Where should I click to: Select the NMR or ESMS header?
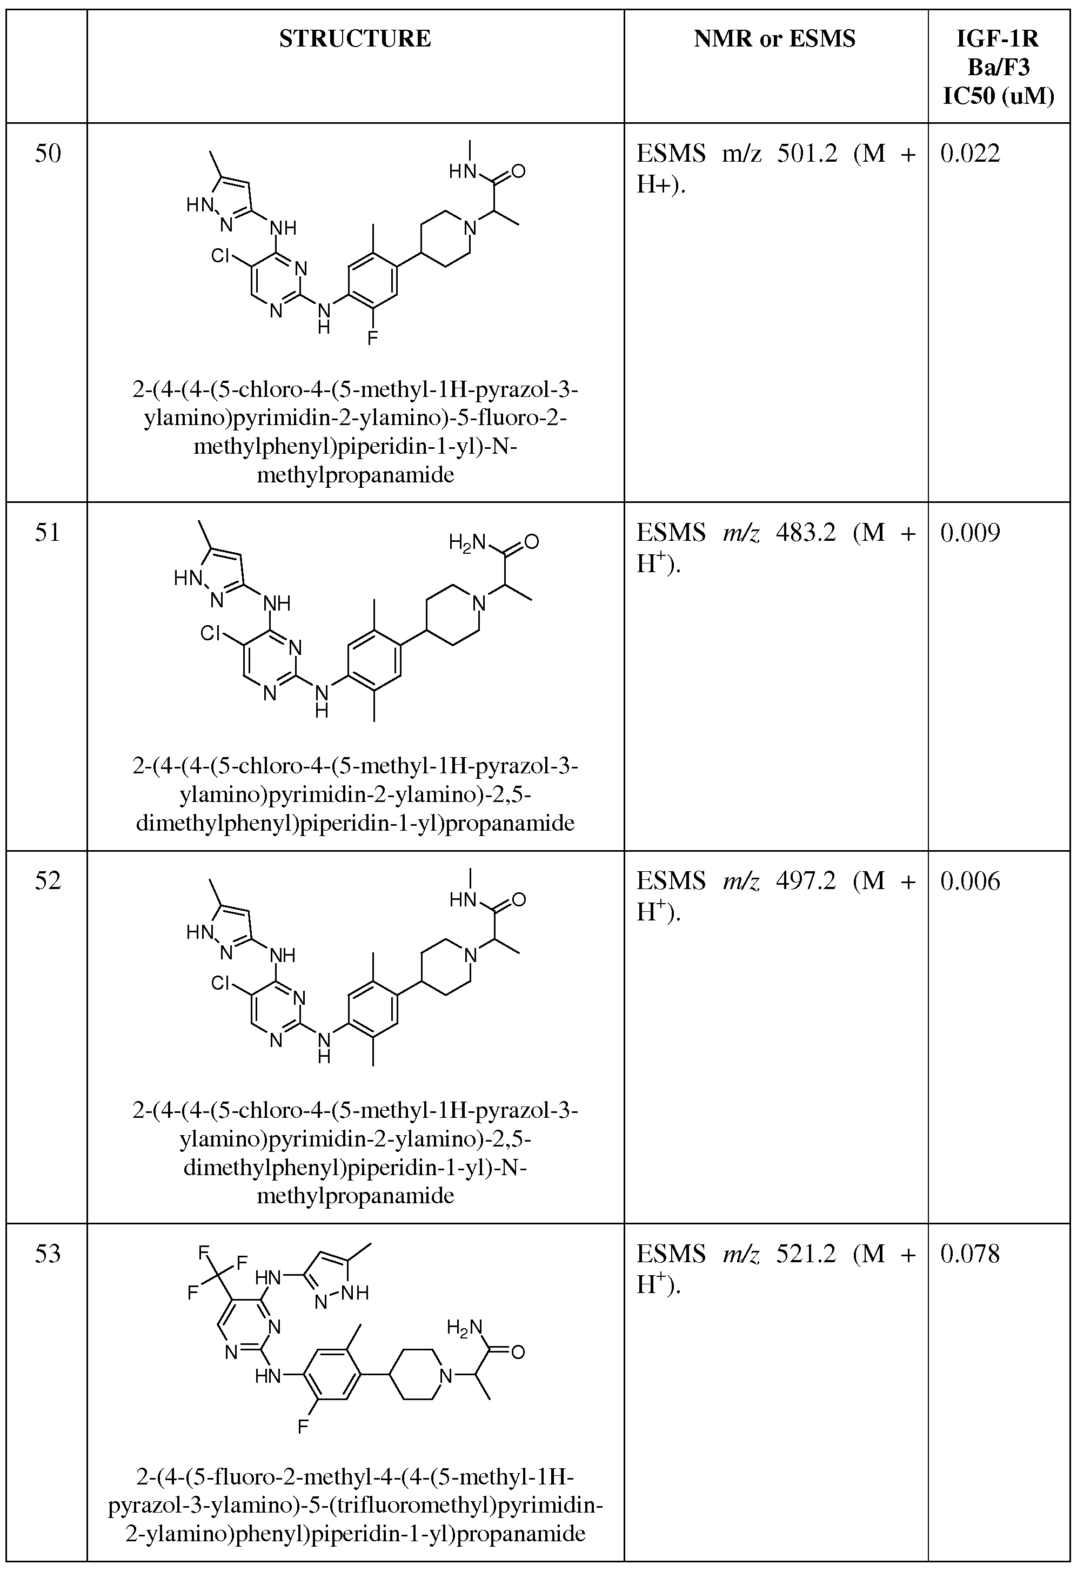774,39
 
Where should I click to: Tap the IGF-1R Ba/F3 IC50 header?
999,68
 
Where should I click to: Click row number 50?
48,154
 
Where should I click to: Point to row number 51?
48,533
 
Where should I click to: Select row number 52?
48,881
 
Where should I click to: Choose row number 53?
48,1254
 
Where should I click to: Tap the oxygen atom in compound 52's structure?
518,900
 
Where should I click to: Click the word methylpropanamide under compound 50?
356,475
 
